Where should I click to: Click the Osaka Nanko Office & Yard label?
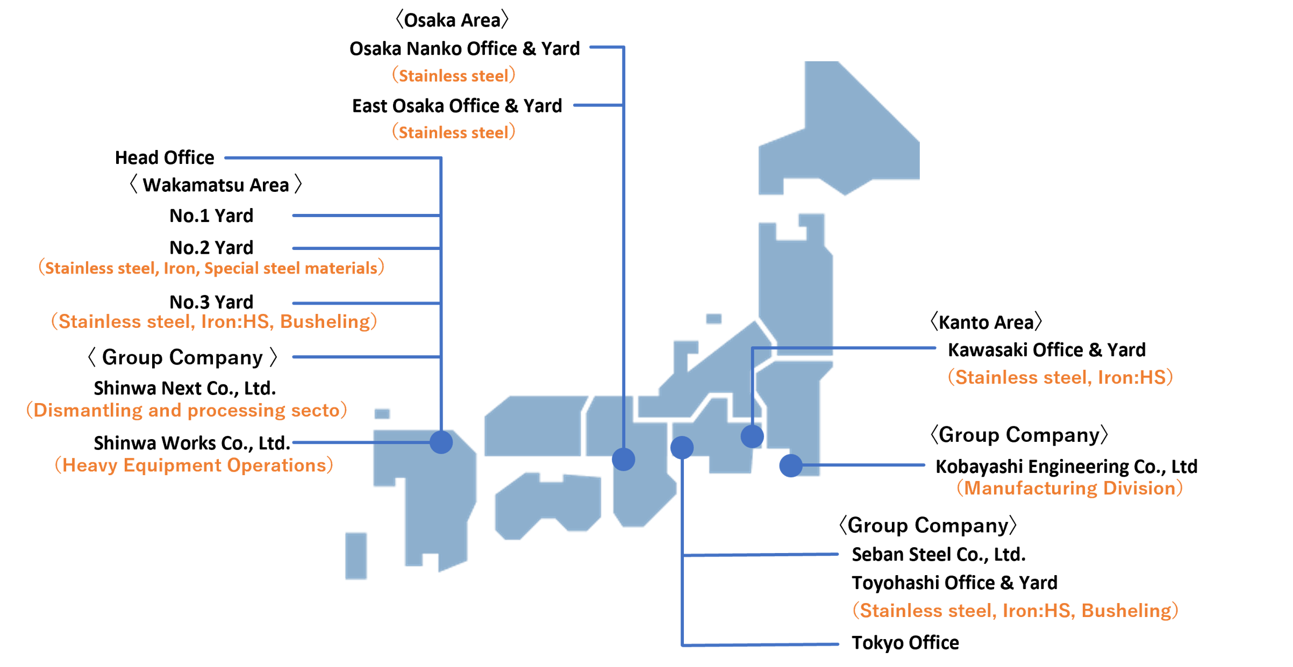tap(465, 49)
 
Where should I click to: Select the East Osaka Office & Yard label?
tap(457, 106)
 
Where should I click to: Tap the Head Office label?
tap(165, 157)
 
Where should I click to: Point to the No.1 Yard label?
tap(211, 216)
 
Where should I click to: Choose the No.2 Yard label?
tap(211, 247)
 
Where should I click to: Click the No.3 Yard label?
tap(211, 302)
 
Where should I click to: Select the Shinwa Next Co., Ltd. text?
tap(185, 388)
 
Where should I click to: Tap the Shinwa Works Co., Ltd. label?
tap(192, 443)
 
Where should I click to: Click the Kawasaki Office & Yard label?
tap(1047, 350)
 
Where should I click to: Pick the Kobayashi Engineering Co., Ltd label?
tap(1067, 467)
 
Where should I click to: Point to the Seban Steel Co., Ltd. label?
tap(939, 554)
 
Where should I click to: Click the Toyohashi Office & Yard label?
tap(955, 583)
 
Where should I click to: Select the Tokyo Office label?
tap(905, 642)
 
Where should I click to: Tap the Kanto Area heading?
tap(987, 322)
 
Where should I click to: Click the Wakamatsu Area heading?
tap(216, 185)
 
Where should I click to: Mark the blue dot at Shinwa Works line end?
tap(441, 442)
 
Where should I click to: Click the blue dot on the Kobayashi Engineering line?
tap(791, 465)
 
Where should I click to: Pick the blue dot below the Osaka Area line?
tap(624, 460)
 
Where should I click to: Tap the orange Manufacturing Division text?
tap(1070, 488)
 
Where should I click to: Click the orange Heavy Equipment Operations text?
tap(194, 465)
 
